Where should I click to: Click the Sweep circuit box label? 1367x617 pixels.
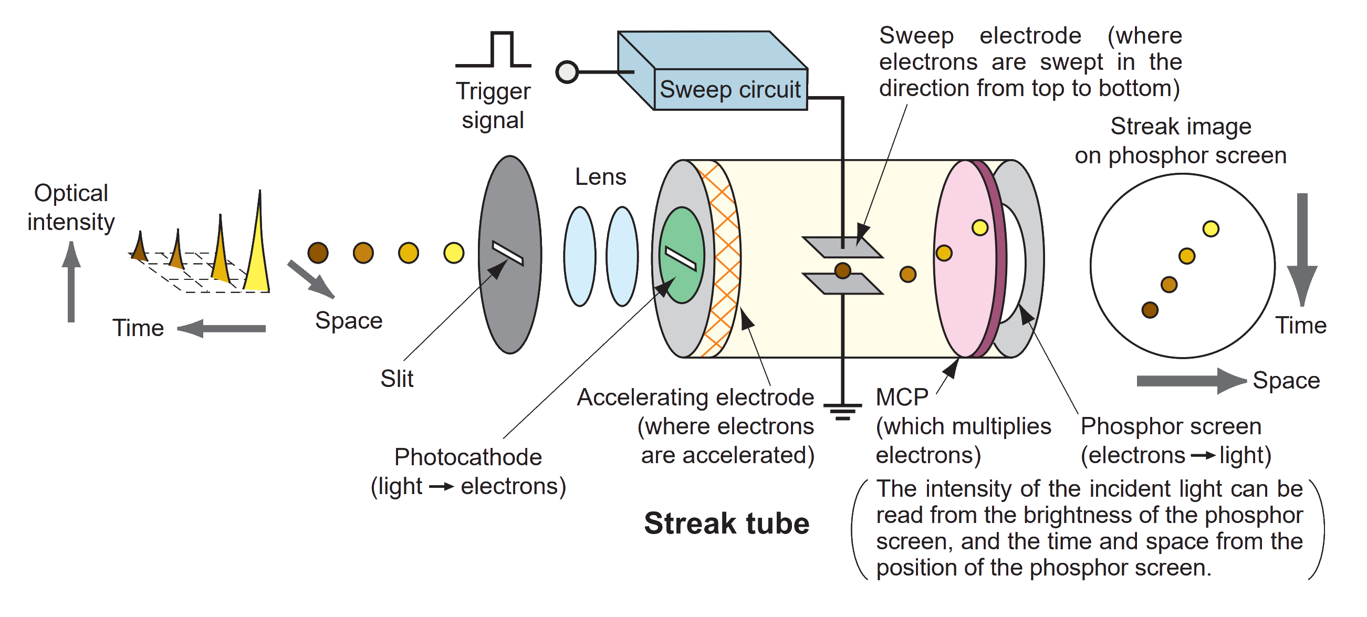pyautogui.click(x=729, y=90)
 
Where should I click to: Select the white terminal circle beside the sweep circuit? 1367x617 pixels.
pyautogui.click(x=567, y=71)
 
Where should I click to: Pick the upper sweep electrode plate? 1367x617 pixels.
pyautogui.click(x=843, y=247)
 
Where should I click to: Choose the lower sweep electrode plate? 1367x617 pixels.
pyautogui.click(x=843, y=284)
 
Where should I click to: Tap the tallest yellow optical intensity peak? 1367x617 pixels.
pyautogui.click(x=258, y=249)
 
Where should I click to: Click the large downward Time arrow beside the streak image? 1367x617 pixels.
pyautogui.click(x=1302, y=249)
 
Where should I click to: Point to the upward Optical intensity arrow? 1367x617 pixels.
pyautogui.click(x=71, y=281)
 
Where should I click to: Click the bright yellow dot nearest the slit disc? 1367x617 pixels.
pyautogui.click(x=454, y=253)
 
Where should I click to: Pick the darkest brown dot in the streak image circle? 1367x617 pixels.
pyautogui.click(x=1150, y=310)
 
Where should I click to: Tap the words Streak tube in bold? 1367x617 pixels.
pyautogui.click(x=726, y=524)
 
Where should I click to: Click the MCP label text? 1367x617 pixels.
pyautogui.click(x=902, y=397)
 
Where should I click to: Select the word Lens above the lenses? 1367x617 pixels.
pyautogui.click(x=601, y=176)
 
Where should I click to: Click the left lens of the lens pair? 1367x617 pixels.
pyautogui.click(x=579, y=256)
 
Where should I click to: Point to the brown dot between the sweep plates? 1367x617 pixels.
pyautogui.click(x=843, y=271)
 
